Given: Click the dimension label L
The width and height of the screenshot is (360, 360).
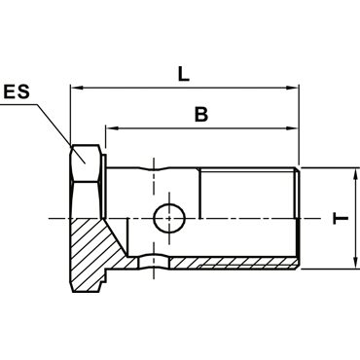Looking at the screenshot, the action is click(x=184, y=74).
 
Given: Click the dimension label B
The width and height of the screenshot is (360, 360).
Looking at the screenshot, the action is click(x=201, y=114).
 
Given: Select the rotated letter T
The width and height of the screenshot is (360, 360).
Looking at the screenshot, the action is click(x=341, y=218).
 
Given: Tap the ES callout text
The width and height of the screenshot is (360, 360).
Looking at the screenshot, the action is click(x=17, y=91).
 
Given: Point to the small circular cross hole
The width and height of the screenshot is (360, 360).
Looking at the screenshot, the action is click(x=169, y=218).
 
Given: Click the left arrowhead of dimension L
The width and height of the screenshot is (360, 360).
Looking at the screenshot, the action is click(x=76, y=88).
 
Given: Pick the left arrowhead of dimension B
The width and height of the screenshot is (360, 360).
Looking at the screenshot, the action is click(x=111, y=128).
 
